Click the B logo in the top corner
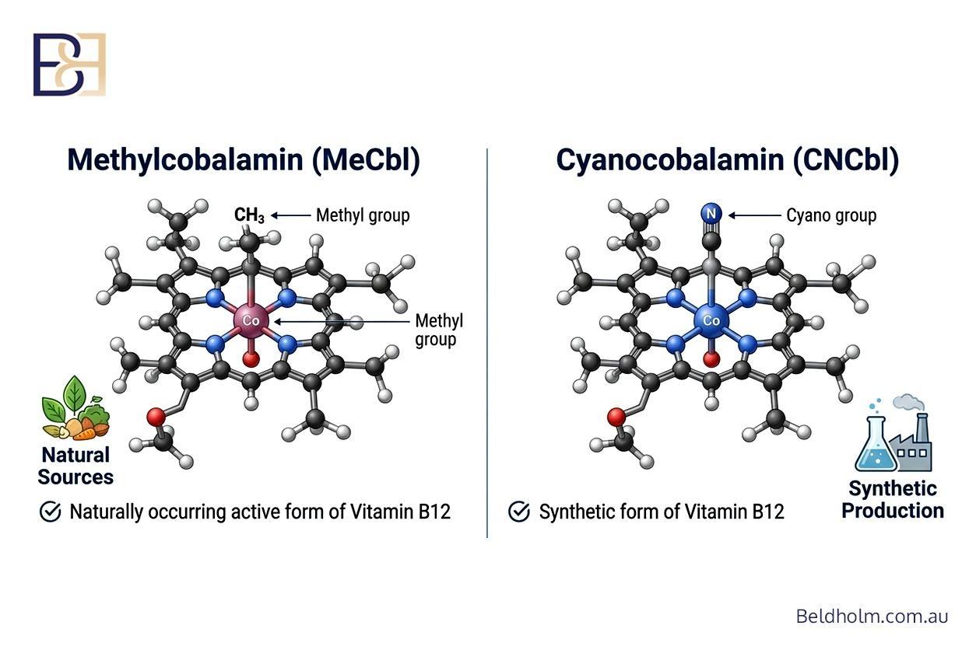tap(69, 65)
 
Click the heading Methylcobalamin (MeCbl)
tap(244, 160)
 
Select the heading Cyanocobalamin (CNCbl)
tap(727, 160)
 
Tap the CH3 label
tap(249, 215)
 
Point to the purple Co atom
tap(251, 321)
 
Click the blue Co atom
tap(711, 321)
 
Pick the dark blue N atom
tap(711, 214)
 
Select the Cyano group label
tap(831, 215)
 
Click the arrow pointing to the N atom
tap(755, 215)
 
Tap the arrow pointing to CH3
tap(290, 215)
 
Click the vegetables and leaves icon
tap(75, 407)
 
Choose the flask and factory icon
tap(893, 432)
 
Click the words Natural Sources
tap(75, 466)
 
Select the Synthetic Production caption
tap(893, 499)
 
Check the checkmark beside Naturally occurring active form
tap(50, 512)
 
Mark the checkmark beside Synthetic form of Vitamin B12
tap(519, 512)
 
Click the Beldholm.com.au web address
tap(872, 616)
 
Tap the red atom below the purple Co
tap(251, 359)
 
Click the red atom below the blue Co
tap(711, 359)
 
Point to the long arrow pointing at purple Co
tap(342, 322)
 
